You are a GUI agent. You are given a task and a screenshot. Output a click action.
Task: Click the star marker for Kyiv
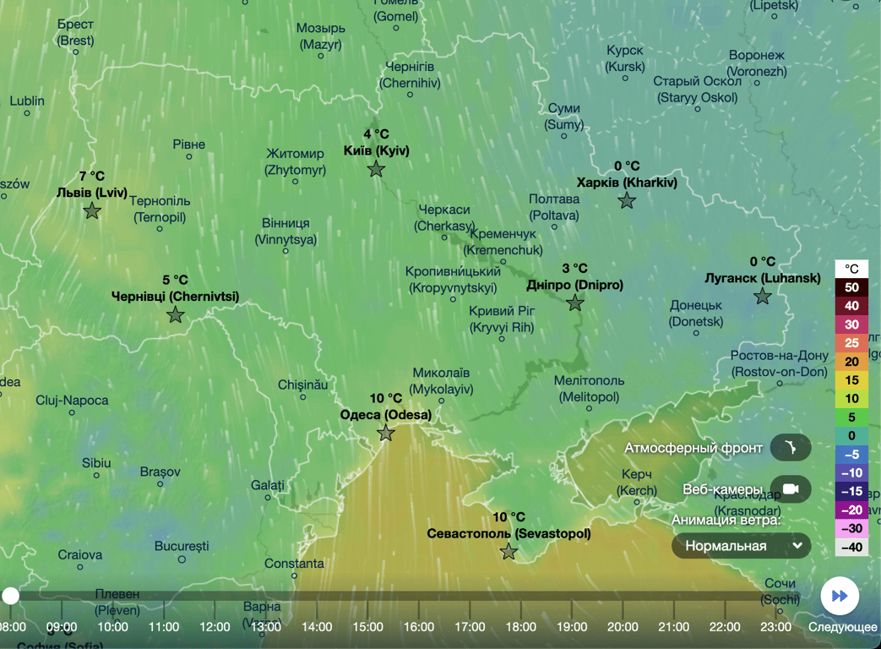[x=376, y=169]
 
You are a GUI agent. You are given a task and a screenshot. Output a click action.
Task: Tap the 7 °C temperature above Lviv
[x=92, y=177]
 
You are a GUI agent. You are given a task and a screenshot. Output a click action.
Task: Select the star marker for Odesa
[x=386, y=434]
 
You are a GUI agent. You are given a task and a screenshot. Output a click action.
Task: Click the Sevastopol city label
[x=508, y=533]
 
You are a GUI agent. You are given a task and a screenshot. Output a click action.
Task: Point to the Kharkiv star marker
[x=627, y=200]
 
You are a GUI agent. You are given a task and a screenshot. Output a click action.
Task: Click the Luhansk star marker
[x=763, y=296]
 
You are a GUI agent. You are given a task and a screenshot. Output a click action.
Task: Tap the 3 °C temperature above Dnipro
[x=574, y=268]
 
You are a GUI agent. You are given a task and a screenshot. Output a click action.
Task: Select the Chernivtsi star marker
[x=175, y=315]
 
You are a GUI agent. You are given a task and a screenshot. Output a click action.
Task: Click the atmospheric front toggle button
[x=791, y=448]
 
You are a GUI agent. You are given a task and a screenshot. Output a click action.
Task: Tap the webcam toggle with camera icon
[x=791, y=489]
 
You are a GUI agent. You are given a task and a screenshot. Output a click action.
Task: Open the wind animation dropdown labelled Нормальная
[x=742, y=546]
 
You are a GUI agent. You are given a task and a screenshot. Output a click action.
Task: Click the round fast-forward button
[x=840, y=596]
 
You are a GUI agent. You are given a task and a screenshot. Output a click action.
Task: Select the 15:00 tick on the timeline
[x=367, y=626]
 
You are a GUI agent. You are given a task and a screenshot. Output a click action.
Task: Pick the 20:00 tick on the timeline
[x=623, y=626]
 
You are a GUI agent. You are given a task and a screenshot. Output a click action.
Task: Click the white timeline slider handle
[x=10, y=596]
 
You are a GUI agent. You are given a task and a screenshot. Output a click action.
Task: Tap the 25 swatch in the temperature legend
[x=851, y=343]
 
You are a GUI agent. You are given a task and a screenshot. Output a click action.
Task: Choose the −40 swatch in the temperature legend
[x=851, y=548]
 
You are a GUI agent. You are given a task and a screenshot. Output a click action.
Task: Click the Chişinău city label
[x=302, y=385]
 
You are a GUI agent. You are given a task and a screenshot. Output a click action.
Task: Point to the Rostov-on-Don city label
[x=779, y=364]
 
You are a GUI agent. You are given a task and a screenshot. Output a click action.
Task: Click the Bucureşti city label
[x=181, y=547]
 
